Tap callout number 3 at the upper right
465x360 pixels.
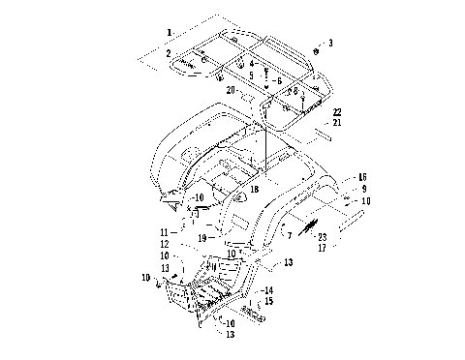click(x=329, y=43)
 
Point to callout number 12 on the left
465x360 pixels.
click(x=165, y=244)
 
